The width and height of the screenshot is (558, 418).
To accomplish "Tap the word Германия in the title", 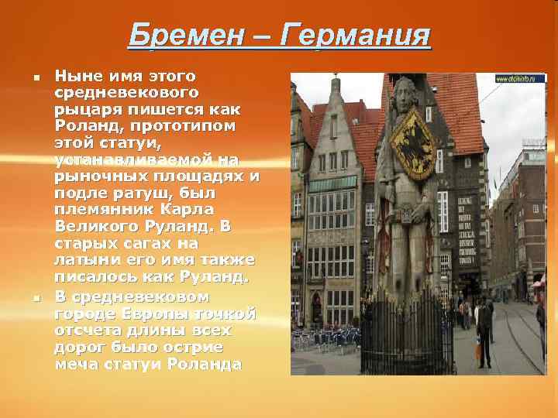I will (x=355, y=35).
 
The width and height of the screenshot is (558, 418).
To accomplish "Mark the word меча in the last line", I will (x=76, y=364).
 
